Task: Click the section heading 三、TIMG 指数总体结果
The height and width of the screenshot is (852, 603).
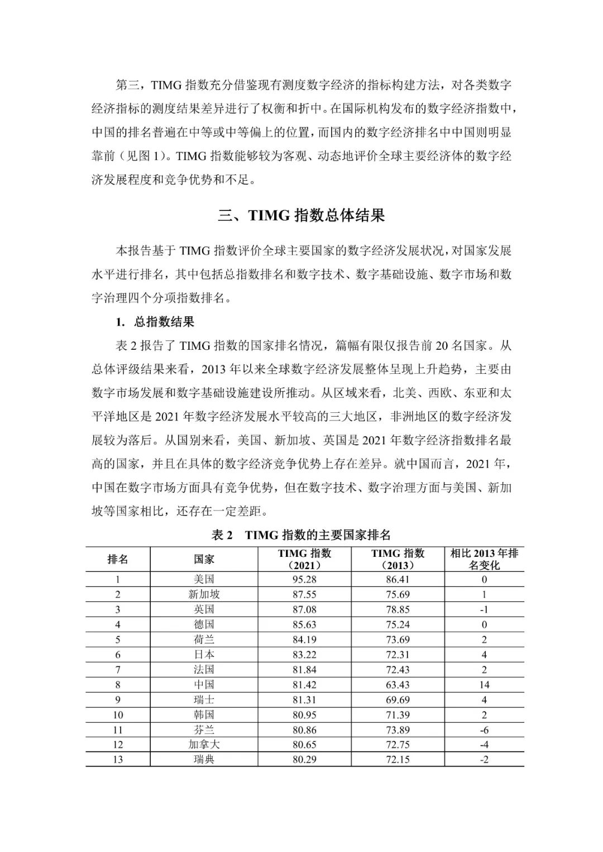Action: coord(301,216)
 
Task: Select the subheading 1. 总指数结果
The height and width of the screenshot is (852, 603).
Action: coord(155,322)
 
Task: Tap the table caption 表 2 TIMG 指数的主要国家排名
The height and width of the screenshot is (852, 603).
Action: coord(301,535)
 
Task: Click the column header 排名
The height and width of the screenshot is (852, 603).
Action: coord(118,559)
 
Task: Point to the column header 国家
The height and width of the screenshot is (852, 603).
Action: coord(204,559)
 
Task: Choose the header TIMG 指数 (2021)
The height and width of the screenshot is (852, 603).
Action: coord(304,559)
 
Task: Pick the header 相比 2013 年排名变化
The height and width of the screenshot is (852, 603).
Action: coord(484,559)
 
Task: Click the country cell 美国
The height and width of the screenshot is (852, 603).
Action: coord(204,579)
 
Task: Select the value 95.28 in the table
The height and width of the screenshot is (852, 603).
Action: coord(304,579)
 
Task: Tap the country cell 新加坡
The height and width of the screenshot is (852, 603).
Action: coord(204,594)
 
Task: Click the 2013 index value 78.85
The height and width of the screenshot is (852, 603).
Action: coord(398,609)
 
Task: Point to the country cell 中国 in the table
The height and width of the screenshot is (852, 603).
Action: coord(204,685)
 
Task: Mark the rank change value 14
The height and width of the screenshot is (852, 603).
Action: coord(484,685)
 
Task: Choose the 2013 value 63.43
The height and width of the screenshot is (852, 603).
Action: coord(398,685)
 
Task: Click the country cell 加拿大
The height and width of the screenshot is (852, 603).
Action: coord(204,744)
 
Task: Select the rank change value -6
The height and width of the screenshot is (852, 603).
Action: coord(484,729)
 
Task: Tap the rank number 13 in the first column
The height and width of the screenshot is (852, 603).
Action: coord(118,759)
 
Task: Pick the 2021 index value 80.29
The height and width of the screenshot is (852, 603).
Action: coord(304,759)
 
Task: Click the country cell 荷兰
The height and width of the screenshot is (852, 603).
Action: coord(204,639)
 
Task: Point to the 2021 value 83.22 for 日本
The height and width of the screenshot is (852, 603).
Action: coord(304,654)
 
